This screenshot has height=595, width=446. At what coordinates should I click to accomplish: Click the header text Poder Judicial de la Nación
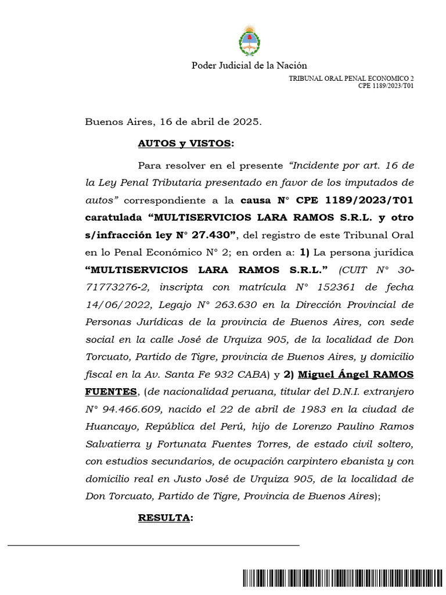tap(249, 66)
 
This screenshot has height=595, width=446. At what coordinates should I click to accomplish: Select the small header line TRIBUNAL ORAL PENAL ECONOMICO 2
tap(351, 78)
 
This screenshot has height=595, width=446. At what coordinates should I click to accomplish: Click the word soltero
tap(394, 444)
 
